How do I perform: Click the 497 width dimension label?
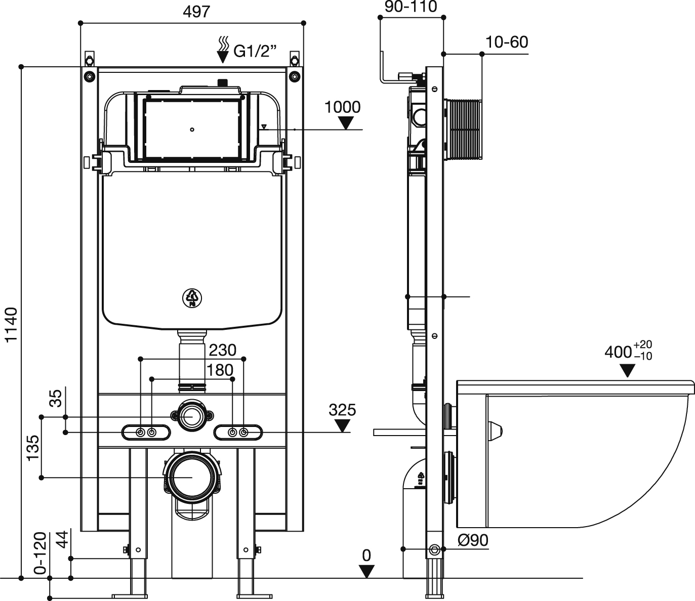[x=196, y=12]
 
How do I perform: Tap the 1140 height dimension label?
[x=12, y=324]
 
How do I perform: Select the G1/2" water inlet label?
[x=255, y=52]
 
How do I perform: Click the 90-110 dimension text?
[x=411, y=7]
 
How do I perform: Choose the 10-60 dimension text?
[x=507, y=42]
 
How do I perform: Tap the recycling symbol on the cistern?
[x=192, y=297]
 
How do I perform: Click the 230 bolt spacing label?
[x=223, y=350]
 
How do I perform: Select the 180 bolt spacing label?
[x=220, y=370]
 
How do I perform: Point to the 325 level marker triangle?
[x=343, y=426]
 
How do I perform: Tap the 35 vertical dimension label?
[x=57, y=398]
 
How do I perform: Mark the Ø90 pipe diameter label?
[x=473, y=540]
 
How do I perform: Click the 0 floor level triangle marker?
[x=366, y=571]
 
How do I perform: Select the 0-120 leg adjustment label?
[x=40, y=553]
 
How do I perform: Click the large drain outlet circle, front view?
[x=192, y=477]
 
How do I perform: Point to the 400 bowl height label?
[x=618, y=352]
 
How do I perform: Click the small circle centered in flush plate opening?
[x=192, y=130]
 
